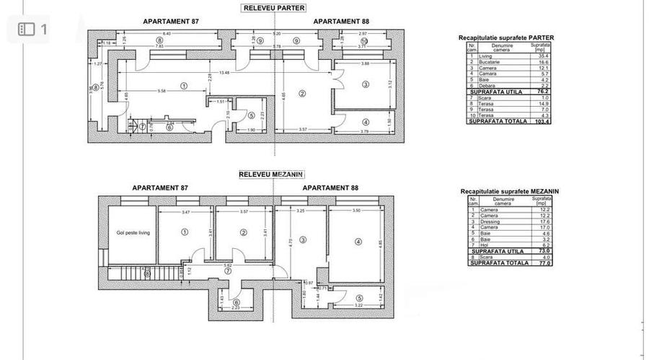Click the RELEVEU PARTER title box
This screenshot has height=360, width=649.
(x=273, y=9)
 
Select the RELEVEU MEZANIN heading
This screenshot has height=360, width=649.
(x=273, y=175)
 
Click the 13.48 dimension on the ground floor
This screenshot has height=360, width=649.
(x=225, y=72)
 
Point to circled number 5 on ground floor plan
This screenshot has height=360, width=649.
(x=250, y=114)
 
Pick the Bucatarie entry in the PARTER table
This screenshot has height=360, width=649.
(x=494, y=62)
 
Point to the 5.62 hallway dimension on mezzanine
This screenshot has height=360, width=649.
(x=228, y=265)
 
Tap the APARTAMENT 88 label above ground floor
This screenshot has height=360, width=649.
(x=338, y=22)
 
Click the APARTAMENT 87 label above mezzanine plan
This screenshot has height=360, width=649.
(x=160, y=188)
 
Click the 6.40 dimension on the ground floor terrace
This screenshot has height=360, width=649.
(x=167, y=34)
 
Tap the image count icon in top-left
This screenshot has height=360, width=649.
(x=32, y=30)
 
